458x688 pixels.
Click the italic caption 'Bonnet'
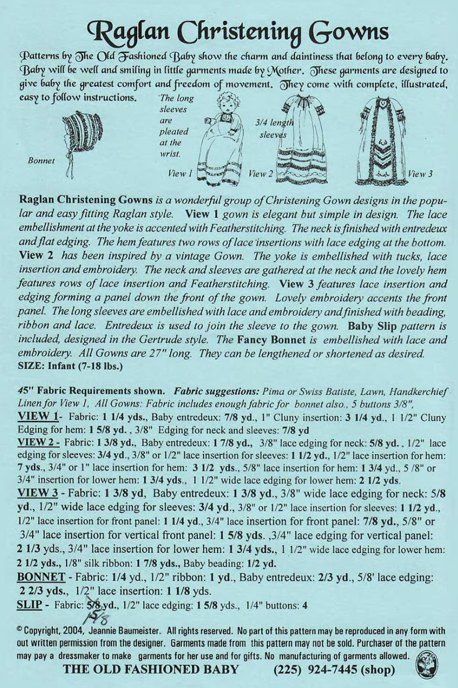point(41,160)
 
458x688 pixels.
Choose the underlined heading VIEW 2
point(39,443)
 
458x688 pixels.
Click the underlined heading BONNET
point(41,577)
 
